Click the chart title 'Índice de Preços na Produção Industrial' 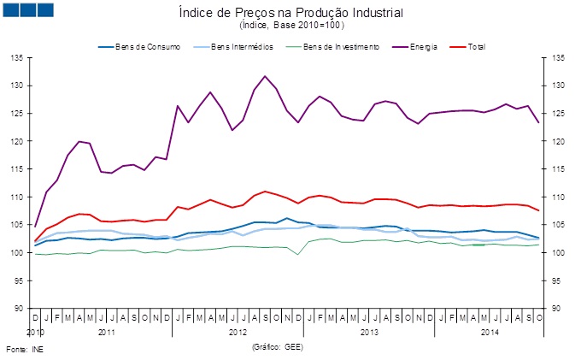tap(290, 14)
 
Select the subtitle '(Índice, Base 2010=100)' tap(290, 27)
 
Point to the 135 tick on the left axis tap(16, 58)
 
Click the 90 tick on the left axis tap(19, 309)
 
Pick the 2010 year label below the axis tap(34, 330)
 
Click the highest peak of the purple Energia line tap(265, 76)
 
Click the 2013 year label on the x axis tap(369, 330)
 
